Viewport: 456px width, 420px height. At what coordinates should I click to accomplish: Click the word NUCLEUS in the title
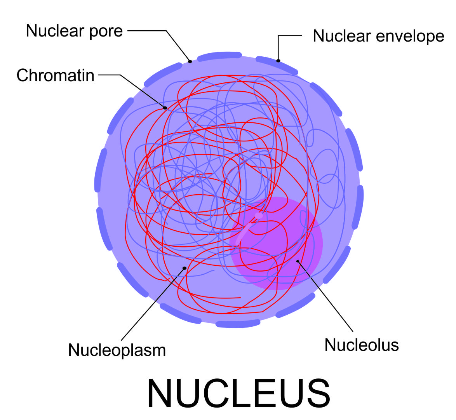pyautogui.click(x=238, y=393)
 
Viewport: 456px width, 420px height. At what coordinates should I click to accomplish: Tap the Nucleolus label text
pyautogui.click(x=362, y=345)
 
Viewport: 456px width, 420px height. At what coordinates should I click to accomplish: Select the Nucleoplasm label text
pyautogui.click(x=117, y=350)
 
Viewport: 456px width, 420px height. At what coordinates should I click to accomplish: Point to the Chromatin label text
pyautogui.click(x=56, y=75)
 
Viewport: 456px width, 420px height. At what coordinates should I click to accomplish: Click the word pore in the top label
pyautogui.click(x=106, y=31)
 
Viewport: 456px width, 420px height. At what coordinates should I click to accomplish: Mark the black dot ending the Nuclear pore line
pyautogui.click(x=190, y=61)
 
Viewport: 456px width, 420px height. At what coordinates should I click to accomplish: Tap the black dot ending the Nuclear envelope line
pyautogui.click(x=278, y=61)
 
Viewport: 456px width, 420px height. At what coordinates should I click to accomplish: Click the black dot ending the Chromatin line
pyautogui.click(x=165, y=108)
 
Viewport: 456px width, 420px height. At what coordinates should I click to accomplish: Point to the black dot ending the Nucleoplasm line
pyautogui.click(x=184, y=268)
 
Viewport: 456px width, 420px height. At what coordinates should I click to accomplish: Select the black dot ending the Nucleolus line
pyautogui.click(x=298, y=261)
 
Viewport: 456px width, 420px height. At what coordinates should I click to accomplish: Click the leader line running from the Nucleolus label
pyautogui.click(x=326, y=298)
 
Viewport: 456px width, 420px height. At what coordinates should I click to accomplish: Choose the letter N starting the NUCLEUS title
pyautogui.click(x=160, y=393)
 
